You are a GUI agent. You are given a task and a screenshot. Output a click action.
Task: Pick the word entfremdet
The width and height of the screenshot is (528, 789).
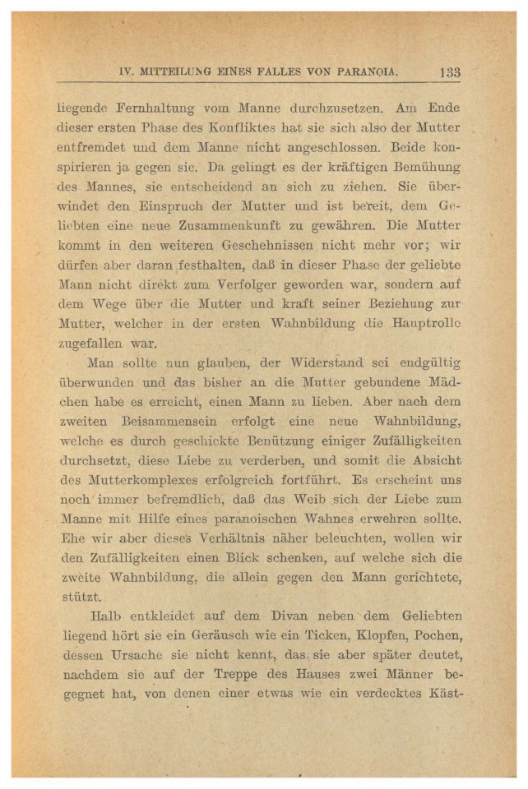click(x=98, y=150)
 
